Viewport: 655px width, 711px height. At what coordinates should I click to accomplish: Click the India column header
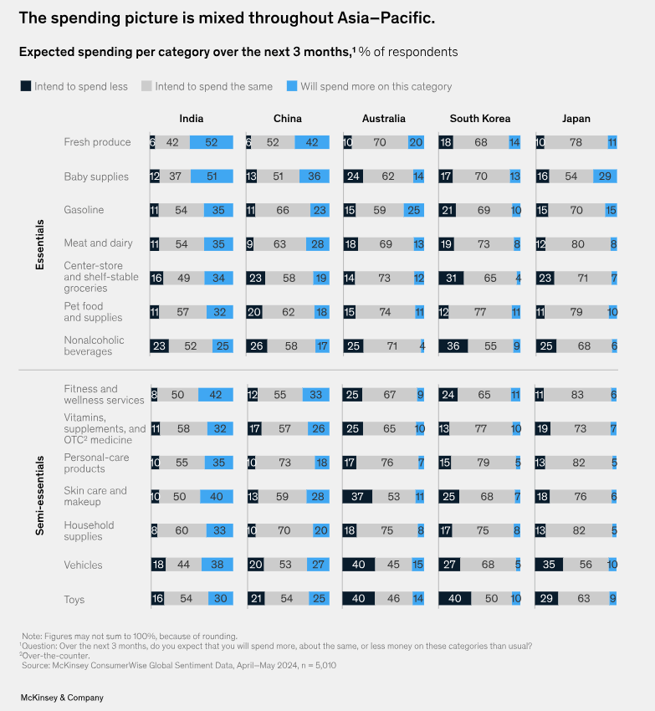[x=191, y=119]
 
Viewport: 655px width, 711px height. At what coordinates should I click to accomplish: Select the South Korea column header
[x=479, y=119]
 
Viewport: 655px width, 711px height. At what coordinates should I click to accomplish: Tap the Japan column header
[x=576, y=119]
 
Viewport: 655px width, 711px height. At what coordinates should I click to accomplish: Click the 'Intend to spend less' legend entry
[x=74, y=86]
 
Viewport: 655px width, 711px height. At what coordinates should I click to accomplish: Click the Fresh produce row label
[x=97, y=142]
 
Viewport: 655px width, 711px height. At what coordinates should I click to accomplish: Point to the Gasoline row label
[x=84, y=210]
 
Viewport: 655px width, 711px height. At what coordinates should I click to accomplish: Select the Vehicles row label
[x=84, y=565]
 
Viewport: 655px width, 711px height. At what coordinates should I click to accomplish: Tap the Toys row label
[x=76, y=600]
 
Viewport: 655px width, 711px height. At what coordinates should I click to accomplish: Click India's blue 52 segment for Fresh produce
[x=211, y=142]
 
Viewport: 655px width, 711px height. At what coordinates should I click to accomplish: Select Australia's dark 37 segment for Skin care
[x=357, y=497]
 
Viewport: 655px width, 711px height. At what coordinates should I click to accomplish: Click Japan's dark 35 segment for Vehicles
[x=551, y=565]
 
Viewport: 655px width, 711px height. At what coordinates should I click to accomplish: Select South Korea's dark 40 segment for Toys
[x=456, y=600]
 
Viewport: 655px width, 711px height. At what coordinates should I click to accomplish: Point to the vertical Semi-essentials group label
[x=39, y=496]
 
